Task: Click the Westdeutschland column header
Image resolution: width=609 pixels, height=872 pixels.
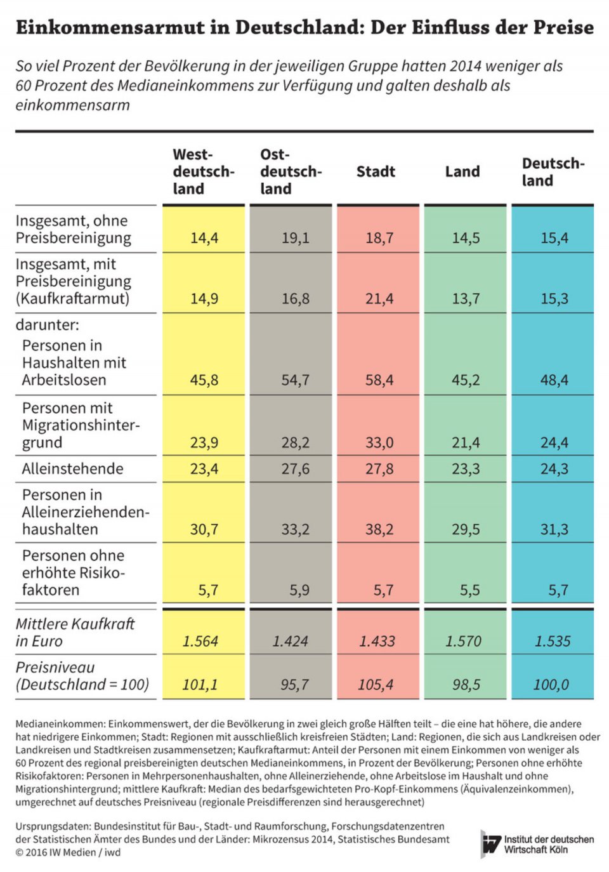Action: point(203,171)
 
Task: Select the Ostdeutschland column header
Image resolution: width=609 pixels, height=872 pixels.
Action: point(291,171)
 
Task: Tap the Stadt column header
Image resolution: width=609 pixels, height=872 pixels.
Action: point(376,171)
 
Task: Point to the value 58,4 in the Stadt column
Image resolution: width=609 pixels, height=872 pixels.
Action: point(379,380)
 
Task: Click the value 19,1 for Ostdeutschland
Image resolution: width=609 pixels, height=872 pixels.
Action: point(296,238)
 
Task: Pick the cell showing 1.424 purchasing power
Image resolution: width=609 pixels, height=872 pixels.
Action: point(291,641)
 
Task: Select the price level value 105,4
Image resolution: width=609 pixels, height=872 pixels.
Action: point(376,685)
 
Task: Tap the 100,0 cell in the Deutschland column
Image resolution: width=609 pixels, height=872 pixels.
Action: point(551,685)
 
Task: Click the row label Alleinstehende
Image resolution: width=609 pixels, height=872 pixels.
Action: point(72,469)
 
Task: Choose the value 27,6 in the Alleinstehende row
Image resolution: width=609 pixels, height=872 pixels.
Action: point(296,469)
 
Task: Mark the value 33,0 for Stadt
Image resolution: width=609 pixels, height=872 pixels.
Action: point(379,442)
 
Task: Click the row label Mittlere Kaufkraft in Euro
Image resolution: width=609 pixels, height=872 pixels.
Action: point(75,632)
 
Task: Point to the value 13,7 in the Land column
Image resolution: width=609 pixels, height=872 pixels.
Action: point(466,298)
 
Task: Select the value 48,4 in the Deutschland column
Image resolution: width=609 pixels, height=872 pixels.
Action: point(554,380)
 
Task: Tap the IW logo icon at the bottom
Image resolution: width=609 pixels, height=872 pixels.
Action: point(491,843)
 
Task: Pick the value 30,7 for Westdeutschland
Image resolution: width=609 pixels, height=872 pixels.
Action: point(204,529)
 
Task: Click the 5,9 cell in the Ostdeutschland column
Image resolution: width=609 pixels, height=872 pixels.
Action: point(299,590)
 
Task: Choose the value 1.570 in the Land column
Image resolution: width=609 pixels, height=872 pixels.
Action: point(463,641)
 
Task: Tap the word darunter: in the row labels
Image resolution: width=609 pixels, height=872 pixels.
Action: point(48,325)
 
